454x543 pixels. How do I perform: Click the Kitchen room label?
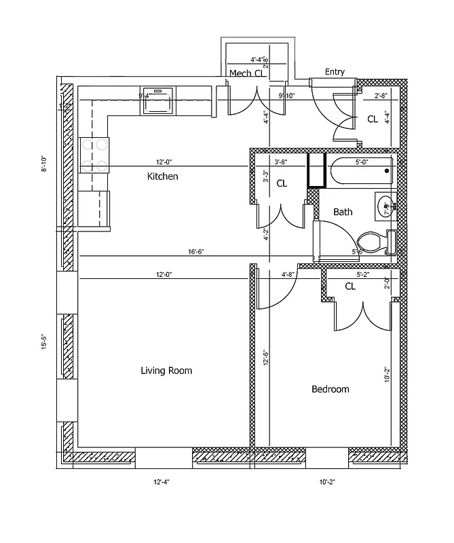pos(163,176)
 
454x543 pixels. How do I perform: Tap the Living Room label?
pos(166,371)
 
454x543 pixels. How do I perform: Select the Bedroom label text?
pos(330,389)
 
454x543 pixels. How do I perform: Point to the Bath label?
pos(343,212)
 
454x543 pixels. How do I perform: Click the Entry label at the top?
pos(335,72)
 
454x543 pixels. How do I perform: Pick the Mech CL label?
pos(246,73)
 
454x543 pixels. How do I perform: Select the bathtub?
pos(360,171)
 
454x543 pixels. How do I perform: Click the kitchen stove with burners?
pos(94,154)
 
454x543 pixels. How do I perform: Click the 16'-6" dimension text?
pos(196,251)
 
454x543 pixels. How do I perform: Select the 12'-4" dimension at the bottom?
pos(161,482)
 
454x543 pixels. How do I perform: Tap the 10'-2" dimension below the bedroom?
pos(327,482)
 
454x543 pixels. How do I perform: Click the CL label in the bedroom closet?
pos(350,286)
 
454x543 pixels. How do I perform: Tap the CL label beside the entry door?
pos(372,119)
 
